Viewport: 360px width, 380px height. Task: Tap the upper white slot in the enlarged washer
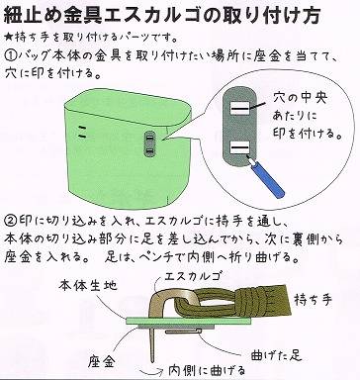tap(240, 108)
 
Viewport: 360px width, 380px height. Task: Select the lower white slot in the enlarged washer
tap(240, 148)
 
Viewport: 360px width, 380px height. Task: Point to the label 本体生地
tap(88, 285)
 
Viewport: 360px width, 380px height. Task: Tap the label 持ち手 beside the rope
tap(313, 300)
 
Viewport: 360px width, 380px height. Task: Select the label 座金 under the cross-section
tap(102, 362)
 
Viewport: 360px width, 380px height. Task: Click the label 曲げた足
tap(276, 355)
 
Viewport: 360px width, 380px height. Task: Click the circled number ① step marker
tap(11, 54)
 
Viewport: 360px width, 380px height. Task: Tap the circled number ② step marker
tap(10, 221)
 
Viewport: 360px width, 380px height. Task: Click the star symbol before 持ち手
tap(8, 37)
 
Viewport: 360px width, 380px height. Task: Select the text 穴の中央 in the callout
tap(300, 98)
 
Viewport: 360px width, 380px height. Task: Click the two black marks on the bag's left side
tap(82, 132)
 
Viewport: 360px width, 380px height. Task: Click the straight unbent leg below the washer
tap(153, 344)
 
